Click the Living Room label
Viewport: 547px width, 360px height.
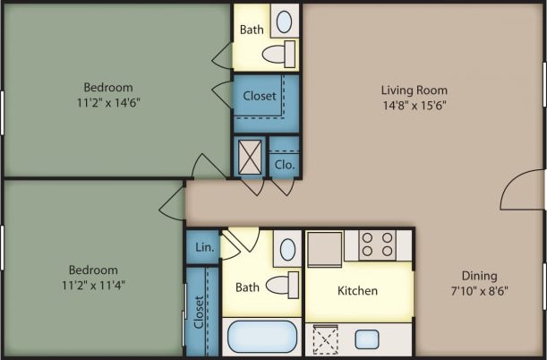coord(414,90)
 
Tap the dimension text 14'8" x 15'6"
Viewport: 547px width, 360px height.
coord(414,105)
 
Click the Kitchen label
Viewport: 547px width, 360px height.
coord(357,291)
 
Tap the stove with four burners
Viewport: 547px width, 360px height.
coord(377,244)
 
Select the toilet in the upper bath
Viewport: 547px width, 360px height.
coord(278,53)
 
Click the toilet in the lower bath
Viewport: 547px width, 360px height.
coord(286,286)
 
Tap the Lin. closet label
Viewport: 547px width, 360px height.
coord(202,245)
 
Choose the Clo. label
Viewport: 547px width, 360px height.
coord(284,165)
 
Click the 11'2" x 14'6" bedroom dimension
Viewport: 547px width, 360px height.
coord(108,102)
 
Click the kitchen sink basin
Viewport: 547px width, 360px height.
coord(368,339)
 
